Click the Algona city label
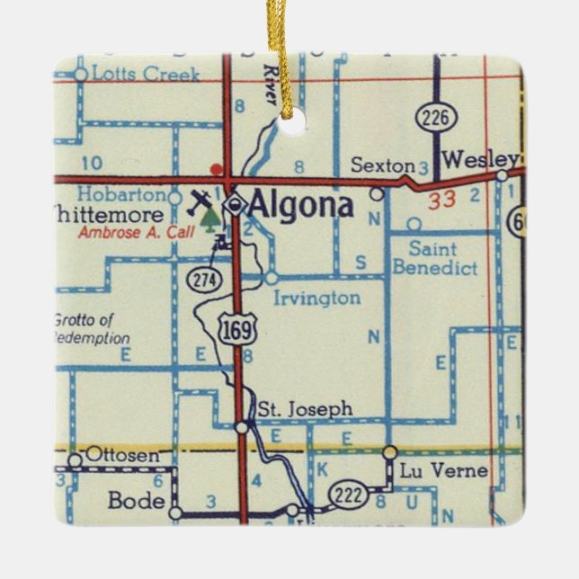(x=300, y=206)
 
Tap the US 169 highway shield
(x=237, y=329)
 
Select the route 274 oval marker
(x=204, y=280)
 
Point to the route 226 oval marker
(x=437, y=116)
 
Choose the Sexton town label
(x=383, y=165)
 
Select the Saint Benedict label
(x=434, y=258)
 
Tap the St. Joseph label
(x=305, y=409)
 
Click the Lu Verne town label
(x=433, y=471)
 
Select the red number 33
(x=441, y=200)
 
